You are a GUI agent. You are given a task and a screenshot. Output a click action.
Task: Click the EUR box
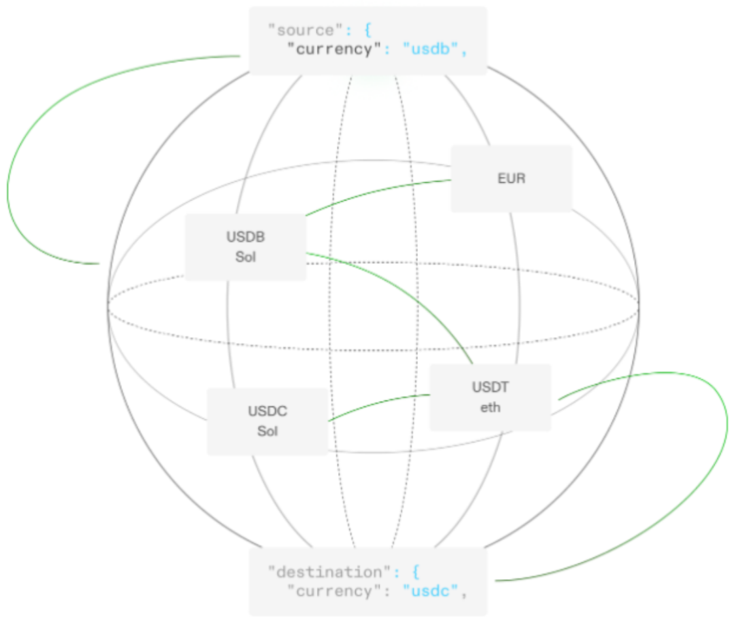tap(511, 179)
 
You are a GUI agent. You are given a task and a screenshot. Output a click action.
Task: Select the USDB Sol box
tap(246, 247)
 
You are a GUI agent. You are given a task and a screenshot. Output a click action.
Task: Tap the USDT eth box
tap(490, 397)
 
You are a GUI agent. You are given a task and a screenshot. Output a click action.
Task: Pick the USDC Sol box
tap(267, 421)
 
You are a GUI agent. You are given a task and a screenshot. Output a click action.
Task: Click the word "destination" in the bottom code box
tap(326, 572)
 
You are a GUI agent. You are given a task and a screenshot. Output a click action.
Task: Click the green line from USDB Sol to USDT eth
tap(408, 286)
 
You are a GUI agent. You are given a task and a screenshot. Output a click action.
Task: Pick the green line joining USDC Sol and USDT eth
tap(378, 404)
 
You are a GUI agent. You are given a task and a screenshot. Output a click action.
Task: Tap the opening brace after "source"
tap(364, 30)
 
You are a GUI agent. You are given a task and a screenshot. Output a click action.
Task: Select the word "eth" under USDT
tap(490, 408)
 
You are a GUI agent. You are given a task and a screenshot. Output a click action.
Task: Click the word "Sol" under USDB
tap(246, 258)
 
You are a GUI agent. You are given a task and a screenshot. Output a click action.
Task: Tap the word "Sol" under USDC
tap(267, 432)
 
